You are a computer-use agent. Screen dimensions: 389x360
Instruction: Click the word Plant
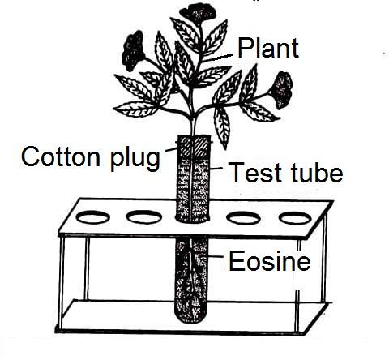(x=268, y=48)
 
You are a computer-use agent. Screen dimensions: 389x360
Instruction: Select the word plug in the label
(x=135, y=159)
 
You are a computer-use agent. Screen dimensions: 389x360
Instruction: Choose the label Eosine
(x=270, y=261)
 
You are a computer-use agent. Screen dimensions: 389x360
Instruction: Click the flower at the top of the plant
(x=198, y=13)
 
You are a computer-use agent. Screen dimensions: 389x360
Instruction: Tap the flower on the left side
(x=133, y=50)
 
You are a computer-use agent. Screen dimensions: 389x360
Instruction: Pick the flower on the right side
(x=283, y=90)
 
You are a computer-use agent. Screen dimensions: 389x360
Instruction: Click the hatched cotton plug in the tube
(x=193, y=147)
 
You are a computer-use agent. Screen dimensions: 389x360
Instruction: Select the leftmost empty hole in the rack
(x=93, y=216)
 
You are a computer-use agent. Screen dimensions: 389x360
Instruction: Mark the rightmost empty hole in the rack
(x=295, y=218)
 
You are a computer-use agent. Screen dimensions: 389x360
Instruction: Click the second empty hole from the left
(x=144, y=216)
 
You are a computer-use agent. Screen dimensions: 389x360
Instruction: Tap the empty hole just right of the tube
(x=243, y=218)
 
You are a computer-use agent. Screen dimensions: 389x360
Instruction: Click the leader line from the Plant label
(x=219, y=58)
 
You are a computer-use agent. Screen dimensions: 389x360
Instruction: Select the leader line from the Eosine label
(x=216, y=256)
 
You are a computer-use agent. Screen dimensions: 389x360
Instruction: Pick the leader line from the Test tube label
(x=216, y=168)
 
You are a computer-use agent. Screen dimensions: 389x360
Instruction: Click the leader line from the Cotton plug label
(x=171, y=149)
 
